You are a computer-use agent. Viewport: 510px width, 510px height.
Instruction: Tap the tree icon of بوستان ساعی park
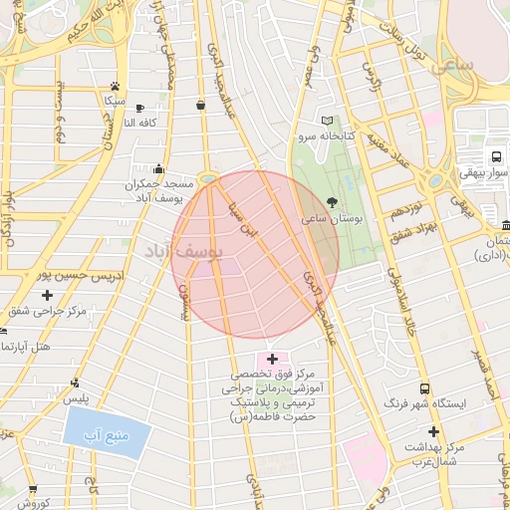click(332, 202)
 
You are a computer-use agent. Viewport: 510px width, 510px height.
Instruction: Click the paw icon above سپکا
click(117, 87)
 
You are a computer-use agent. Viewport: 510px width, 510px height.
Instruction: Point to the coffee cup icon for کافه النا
click(139, 108)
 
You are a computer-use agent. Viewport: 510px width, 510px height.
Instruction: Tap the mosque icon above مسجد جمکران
click(159, 169)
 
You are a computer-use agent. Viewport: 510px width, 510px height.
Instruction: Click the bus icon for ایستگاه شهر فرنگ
click(425, 389)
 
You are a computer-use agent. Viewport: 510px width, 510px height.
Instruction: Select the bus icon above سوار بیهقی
click(495, 156)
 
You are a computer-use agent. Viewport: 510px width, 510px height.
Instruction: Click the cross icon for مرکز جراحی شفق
click(47, 295)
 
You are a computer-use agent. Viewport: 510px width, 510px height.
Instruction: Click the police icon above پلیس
click(76, 382)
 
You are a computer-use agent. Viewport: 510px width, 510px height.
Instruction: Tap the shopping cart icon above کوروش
click(33, 489)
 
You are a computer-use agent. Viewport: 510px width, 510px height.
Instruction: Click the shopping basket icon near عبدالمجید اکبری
click(201, 105)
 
